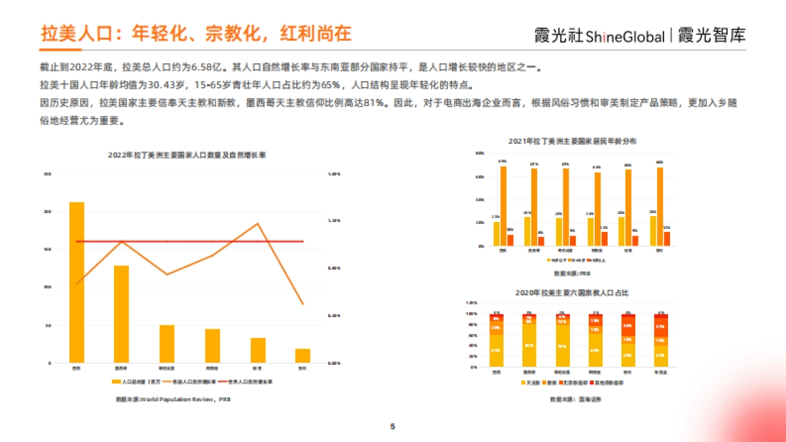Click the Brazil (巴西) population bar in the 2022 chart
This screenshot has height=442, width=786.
click(x=77, y=282)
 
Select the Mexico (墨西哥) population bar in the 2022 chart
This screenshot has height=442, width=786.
click(x=121, y=314)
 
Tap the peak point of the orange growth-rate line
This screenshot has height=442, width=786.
click(x=257, y=223)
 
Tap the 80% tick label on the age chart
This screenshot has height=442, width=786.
click(x=479, y=153)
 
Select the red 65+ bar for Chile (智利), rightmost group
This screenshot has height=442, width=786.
click(x=667, y=239)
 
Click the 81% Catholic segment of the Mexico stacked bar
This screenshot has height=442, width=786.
click(x=529, y=345)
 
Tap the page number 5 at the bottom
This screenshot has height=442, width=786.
click(x=392, y=426)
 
